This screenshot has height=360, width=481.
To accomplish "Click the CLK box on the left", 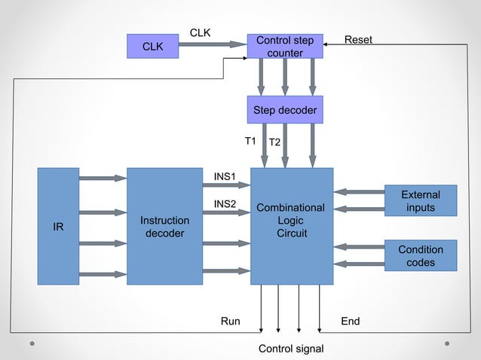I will (152, 46).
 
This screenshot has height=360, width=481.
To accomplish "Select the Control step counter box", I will (285, 46).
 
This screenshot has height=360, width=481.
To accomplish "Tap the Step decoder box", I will (285, 110).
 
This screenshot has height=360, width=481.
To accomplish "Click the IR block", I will (58, 226).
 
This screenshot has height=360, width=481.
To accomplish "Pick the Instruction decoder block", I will (164, 226).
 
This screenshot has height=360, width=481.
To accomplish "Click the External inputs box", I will (420, 201).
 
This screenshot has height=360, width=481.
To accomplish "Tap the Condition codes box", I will (420, 256).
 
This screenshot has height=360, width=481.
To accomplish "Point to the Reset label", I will (358, 39).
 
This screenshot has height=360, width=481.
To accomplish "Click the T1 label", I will (250, 141).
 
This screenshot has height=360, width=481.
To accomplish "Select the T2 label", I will (275, 142).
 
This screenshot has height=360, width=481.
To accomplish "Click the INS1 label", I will (225, 176).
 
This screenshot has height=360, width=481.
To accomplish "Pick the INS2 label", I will (225, 203).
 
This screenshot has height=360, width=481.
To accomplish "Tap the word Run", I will (230, 322).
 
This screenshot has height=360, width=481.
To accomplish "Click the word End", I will (351, 322).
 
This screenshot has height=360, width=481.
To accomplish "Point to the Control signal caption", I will (291, 349).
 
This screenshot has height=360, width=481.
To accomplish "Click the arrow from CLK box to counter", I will (212, 44).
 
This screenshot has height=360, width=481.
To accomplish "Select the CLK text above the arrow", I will (200, 32).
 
